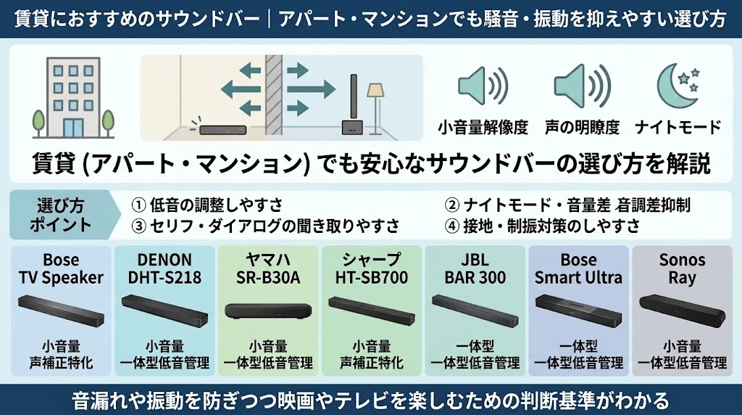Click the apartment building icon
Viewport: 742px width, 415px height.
point(73,97)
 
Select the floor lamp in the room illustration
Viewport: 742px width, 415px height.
point(376,108)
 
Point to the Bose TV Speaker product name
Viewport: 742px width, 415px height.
point(61,268)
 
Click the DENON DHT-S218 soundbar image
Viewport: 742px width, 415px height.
point(164,311)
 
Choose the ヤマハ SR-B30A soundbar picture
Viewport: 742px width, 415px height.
point(268,311)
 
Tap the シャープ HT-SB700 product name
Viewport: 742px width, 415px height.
point(372,268)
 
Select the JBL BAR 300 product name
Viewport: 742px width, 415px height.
point(475,268)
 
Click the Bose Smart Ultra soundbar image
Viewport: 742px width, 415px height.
point(578,311)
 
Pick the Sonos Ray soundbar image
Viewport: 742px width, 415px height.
point(682,311)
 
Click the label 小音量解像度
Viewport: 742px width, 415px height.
point(483,128)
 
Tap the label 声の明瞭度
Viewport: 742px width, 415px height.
point(582,128)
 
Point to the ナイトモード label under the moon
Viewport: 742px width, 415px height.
point(678,128)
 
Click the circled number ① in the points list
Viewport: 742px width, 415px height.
point(138,205)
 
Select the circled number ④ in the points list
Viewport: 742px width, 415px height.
point(452,226)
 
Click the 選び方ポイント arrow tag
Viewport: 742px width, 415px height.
point(61,215)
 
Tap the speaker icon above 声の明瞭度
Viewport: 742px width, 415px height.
point(582,86)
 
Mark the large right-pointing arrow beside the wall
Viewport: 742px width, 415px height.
point(311,89)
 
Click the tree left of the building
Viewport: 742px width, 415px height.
point(39,123)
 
